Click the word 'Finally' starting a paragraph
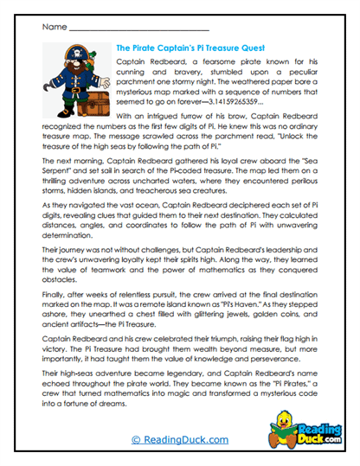tap(53, 281)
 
